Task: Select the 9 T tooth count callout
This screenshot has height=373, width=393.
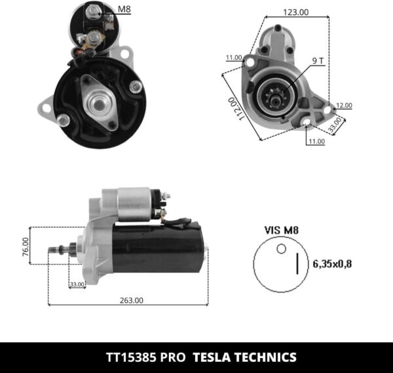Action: [x=318, y=60]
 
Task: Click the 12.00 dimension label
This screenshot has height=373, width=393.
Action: [x=344, y=105]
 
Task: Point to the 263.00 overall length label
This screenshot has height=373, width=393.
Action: [x=131, y=300]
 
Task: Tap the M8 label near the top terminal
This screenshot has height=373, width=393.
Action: [x=124, y=9]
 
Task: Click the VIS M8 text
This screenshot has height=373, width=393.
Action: [x=281, y=230]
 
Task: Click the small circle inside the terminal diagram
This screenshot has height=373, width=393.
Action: [x=281, y=248]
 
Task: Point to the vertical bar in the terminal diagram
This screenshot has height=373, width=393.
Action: [x=299, y=264]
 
